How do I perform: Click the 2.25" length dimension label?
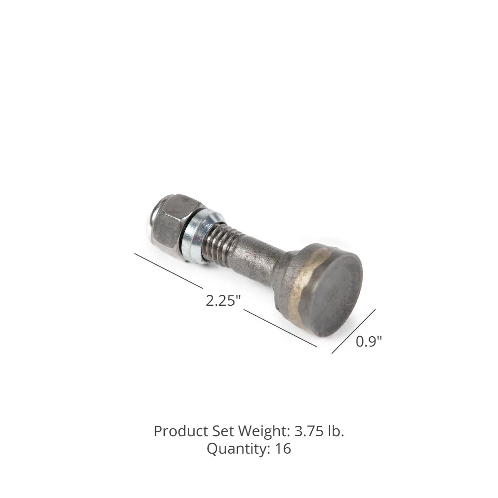click(223, 300)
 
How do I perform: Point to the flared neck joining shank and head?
click(282, 271)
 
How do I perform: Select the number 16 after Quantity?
click(282, 449)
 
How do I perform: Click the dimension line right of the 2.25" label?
click(280, 328)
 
